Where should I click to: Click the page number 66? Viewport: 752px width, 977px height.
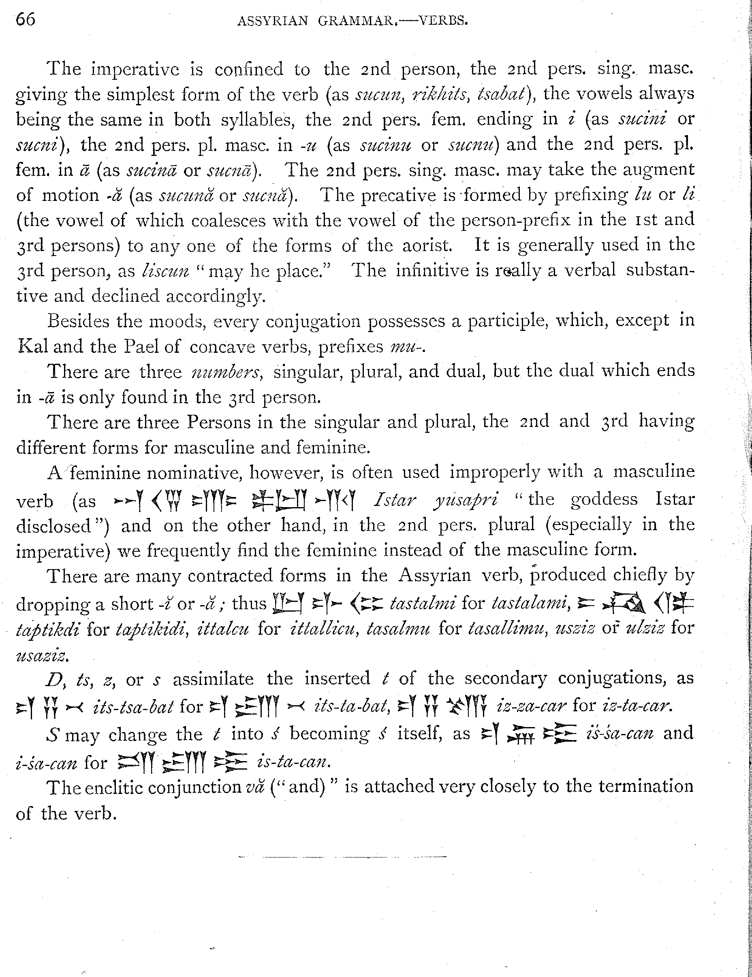coord(26,20)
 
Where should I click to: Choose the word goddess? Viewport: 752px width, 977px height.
coord(604,499)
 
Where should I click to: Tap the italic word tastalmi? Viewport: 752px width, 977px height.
coord(423,604)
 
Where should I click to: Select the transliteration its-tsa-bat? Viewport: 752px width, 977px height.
coord(132,706)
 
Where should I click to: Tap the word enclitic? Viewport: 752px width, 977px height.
coord(112,787)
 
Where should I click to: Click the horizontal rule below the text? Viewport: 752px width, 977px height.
coord(342,857)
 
